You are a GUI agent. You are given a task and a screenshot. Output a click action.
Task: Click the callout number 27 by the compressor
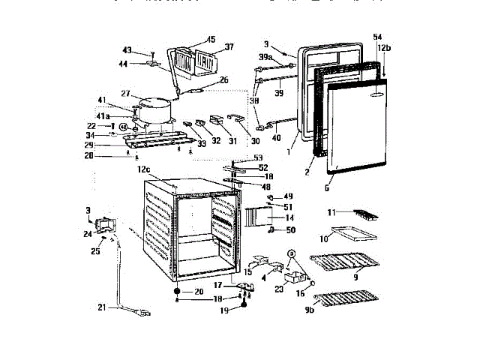coord(125,94)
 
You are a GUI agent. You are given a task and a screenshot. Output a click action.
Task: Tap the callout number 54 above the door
coord(377,37)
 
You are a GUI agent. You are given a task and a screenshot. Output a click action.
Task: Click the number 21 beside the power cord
coord(103,307)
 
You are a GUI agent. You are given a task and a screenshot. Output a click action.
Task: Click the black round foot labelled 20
coord(177,291)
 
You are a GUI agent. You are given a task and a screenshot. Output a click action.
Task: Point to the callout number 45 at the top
coord(210,39)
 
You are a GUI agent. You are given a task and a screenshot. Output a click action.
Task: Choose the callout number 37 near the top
coord(229,46)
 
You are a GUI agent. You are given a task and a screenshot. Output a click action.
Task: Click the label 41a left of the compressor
coord(123,118)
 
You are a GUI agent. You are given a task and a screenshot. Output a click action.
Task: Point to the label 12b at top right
coord(384,47)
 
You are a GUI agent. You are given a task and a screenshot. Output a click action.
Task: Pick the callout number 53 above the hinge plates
coord(259,157)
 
